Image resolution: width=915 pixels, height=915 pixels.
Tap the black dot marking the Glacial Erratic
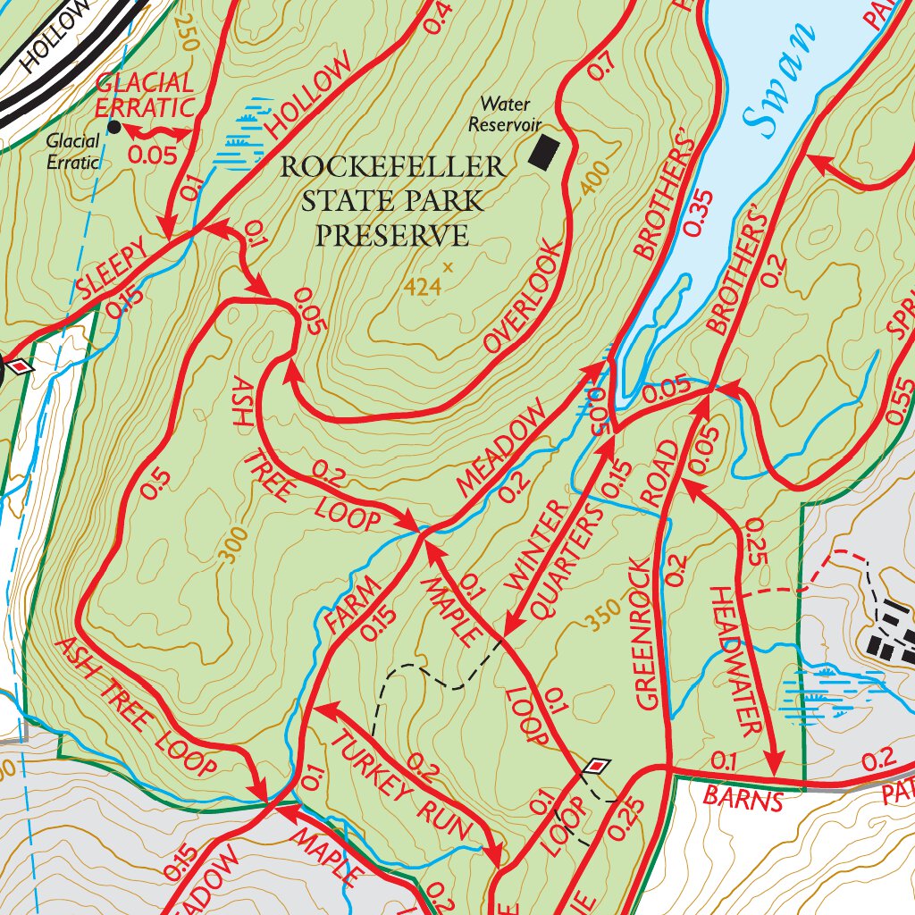pos(113,127)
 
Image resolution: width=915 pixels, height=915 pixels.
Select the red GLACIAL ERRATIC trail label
pos(145,96)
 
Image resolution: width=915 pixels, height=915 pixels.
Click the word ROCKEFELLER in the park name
pos(393,168)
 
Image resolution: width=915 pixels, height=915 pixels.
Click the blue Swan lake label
pos(784,82)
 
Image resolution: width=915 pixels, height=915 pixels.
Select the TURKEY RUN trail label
pos(403,784)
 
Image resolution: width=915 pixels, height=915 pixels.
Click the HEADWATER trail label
pos(737,660)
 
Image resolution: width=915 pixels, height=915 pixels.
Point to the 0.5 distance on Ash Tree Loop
pos(154,483)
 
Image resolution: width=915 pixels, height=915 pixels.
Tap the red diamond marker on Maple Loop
pos(596,766)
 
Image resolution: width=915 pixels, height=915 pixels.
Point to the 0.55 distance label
pos(900,399)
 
